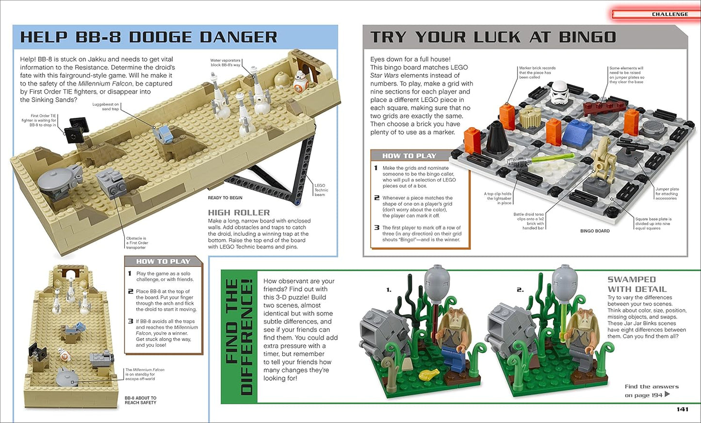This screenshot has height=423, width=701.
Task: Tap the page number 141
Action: click(682, 409)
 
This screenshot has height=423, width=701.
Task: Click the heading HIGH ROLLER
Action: click(239, 212)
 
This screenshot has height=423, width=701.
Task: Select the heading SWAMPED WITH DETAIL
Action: click(636, 284)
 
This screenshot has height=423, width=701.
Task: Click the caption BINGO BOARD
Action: click(595, 231)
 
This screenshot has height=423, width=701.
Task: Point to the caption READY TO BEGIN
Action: click(225, 198)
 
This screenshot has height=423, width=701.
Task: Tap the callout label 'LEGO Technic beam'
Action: click(321, 190)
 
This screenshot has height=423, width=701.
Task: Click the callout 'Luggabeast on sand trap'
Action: click(106, 107)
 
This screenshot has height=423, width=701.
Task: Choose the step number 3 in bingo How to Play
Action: click(376, 228)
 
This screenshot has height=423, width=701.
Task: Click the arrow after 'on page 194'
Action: click(668, 394)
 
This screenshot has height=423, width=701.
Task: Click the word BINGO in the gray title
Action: click(587, 37)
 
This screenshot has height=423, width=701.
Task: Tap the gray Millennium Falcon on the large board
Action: click(59, 179)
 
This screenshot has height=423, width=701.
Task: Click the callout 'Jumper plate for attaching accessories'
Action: click(667, 194)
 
